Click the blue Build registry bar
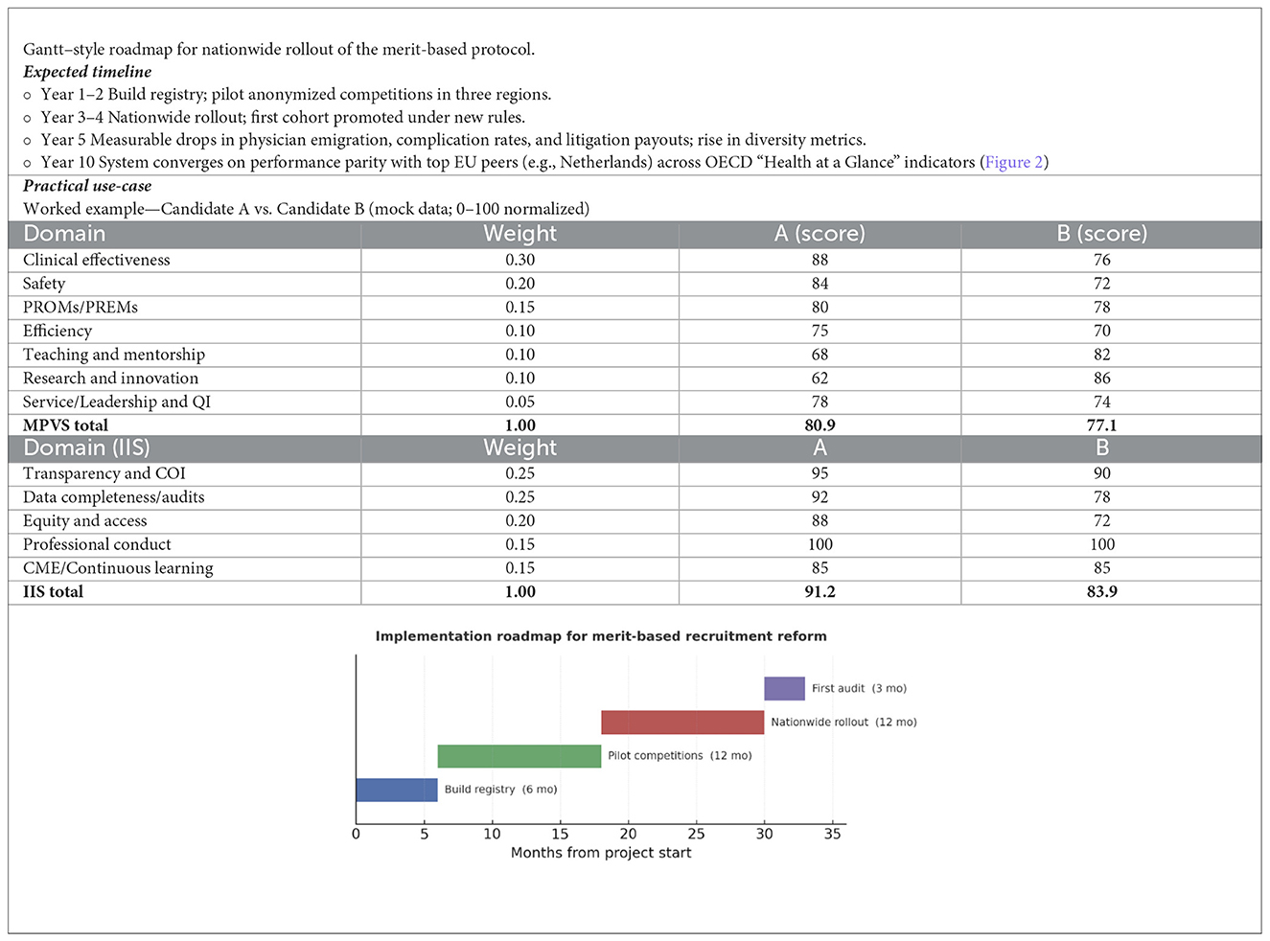(396, 790)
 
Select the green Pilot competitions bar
(519, 756)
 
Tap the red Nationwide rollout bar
(681, 723)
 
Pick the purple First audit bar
(784, 688)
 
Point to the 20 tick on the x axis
(628, 834)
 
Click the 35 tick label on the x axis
(832, 834)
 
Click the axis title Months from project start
(600, 853)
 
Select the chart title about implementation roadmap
(600, 636)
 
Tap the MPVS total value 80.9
(820, 425)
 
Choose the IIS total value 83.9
(1101, 591)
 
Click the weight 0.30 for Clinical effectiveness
(520, 260)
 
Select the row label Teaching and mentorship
(114, 355)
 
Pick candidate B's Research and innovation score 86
(1101, 378)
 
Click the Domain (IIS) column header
(86, 448)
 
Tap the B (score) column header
(1101, 234)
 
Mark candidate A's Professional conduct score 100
(820, 544)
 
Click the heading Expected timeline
(87, 72)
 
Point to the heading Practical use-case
(87, 186)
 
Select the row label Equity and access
(85, 520)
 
